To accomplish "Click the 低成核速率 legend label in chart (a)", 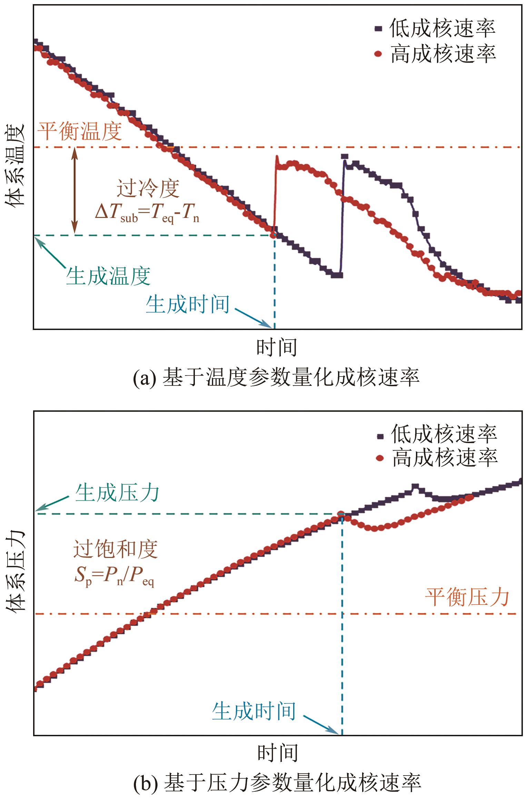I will point(442,29).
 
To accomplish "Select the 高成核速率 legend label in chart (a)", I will point(443,54).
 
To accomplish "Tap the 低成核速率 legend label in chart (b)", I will point(444,434).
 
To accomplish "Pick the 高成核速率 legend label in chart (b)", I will point(445,458).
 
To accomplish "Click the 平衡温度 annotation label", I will point(80,131).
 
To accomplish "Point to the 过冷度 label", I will point(148,189).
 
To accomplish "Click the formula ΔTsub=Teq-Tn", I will point(147,214).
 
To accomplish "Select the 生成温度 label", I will point(108,276).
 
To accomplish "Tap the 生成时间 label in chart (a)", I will point(188,304).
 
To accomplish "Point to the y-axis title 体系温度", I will point(16,165).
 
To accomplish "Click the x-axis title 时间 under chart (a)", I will point(277,347).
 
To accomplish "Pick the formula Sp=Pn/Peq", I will point(114,576).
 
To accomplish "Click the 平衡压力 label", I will point(467,598).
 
